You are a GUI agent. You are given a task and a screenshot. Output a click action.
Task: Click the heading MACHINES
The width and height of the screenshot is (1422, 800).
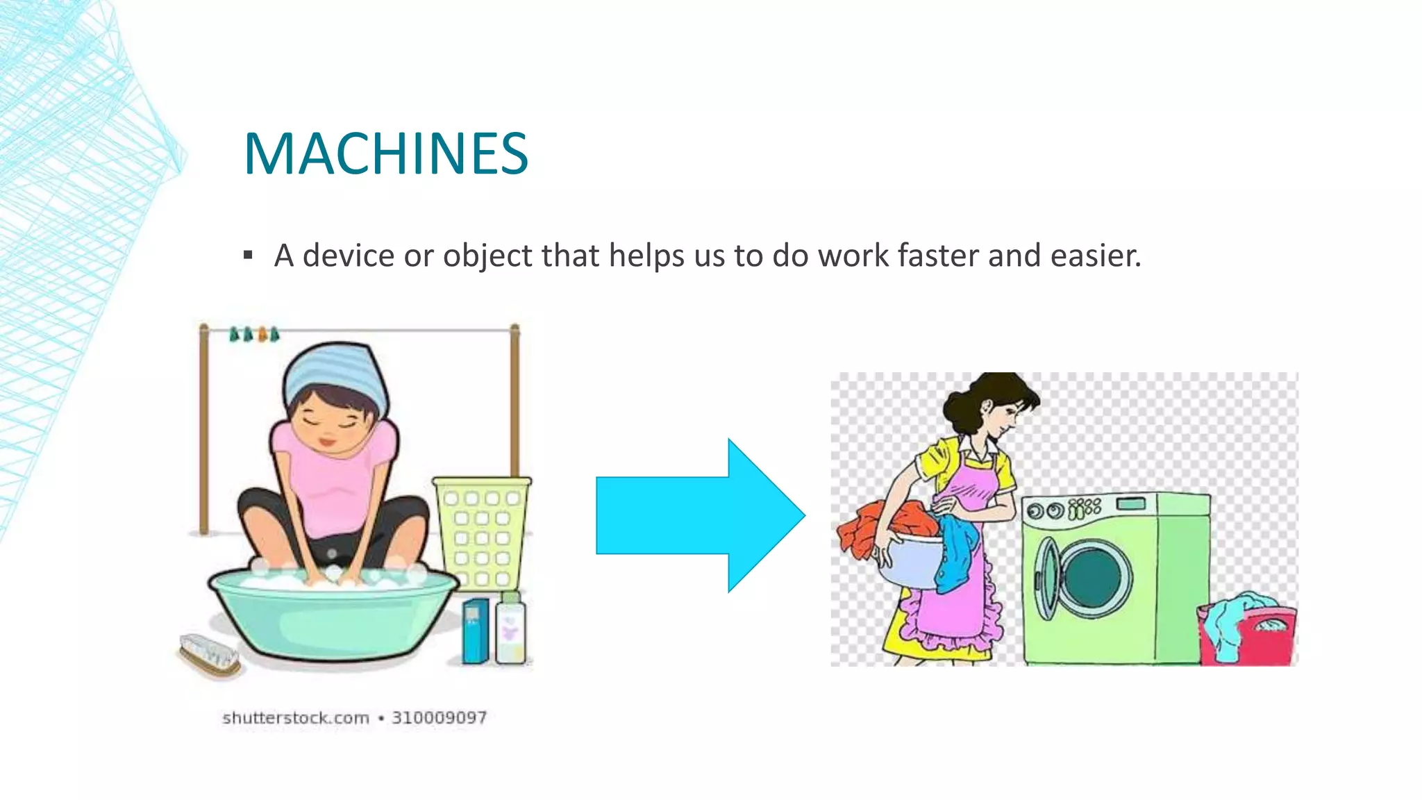click(x=386, y=153)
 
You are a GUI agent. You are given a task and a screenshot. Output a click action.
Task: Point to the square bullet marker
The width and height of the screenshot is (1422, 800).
click(x=248, y=256)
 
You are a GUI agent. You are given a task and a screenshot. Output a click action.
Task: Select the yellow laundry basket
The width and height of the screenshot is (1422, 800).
click(x=482, y=531)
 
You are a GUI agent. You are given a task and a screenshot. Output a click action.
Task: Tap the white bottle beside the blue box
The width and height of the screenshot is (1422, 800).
click(x=510, y=629)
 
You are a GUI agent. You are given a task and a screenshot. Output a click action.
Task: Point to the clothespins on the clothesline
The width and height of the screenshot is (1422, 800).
click(x=253, y=335)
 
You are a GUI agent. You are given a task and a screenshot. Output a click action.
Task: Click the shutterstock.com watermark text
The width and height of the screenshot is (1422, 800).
click(x=296, y=718)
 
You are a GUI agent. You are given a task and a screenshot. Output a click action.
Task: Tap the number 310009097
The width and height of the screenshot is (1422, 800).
click(x=439, y=718)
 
